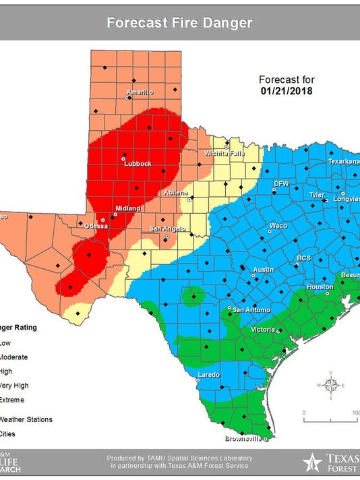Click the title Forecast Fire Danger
179,23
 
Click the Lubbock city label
139,164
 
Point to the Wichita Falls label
224,154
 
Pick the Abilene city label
176,193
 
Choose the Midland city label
127,208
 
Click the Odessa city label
96,226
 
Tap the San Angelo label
164,229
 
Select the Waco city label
278,225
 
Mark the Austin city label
263,270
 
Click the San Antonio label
251,309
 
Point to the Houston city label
320,287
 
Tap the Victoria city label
263,330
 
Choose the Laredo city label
208,374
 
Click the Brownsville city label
245,438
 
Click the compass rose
330,385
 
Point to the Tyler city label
317,194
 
